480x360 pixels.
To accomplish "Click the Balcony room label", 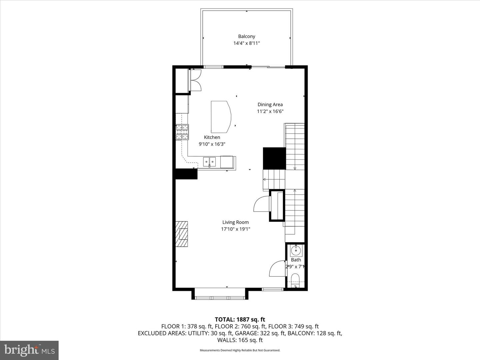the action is point(246,36).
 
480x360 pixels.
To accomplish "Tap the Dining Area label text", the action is point(270,104).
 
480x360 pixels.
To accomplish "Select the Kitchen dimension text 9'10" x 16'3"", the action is point(212,144).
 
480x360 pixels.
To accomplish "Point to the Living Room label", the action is point(236,222).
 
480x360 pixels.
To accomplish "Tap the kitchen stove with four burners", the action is point(182,132).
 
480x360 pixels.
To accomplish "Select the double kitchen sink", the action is point(209,162).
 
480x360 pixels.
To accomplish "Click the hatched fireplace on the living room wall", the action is point(182,234).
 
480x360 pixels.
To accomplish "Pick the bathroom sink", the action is point(296,250).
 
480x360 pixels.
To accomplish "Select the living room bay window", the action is point(220,298).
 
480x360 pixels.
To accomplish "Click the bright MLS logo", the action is point(29,350).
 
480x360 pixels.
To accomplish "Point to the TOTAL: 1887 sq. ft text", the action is point(240,320).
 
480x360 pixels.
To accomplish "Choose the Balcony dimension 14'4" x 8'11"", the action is point(246,43).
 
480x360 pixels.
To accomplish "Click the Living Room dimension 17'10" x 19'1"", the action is point(236,229).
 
